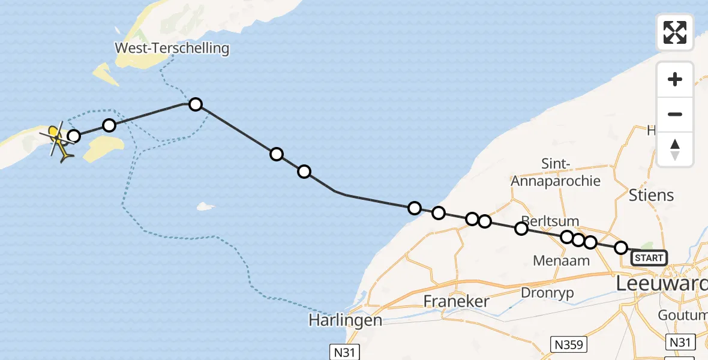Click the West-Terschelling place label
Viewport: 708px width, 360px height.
tap(173, 48)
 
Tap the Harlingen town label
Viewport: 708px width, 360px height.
tap(345, 320)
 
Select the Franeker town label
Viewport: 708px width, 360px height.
tap(457, 301)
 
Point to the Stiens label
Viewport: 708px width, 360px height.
tap(651, 195)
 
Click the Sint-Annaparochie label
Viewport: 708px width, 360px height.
tap(555, 172)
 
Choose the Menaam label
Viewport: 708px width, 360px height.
tap(561, 260)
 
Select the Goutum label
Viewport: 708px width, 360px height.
tap(682, 316)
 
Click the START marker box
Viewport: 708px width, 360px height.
tap(649, 258)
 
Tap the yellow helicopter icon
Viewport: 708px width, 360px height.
tap(58, 142)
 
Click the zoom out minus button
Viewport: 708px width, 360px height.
tap(675, 114)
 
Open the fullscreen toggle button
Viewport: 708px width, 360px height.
tap(675, 32)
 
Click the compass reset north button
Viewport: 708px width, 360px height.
tap(675, 149)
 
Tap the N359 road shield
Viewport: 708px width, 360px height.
tap(568, 344)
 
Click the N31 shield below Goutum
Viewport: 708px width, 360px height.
tap(680, 342)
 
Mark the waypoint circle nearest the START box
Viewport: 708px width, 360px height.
tap(621, 248)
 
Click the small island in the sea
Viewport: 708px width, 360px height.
tap(206, 207)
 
